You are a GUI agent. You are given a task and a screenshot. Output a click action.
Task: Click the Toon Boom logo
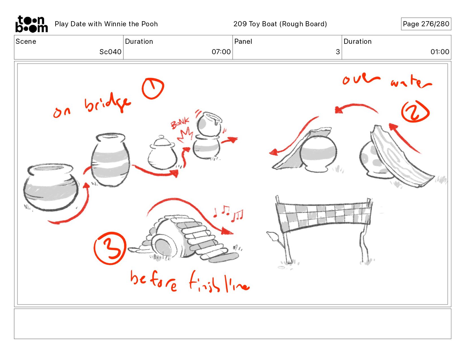click(x=32, y=24)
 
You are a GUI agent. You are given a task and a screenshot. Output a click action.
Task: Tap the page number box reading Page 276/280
click(x=426, y=24)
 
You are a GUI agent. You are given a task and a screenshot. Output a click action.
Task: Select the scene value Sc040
click(x=110, y=52)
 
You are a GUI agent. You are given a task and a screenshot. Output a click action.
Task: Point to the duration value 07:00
click(x=221, y=52)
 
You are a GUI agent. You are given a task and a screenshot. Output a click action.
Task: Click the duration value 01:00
click(x=440, y=52)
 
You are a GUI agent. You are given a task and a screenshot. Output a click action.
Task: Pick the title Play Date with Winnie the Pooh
click(x=106, y=24)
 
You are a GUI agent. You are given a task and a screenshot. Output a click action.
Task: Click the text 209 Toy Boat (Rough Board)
click(x=280, y=24)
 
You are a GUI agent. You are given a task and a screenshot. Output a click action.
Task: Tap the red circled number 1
click(x=153, y=88)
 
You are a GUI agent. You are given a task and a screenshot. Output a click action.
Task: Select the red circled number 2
click(x=415, y=112)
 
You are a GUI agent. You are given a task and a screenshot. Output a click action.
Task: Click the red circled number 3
click(x=110, y=248)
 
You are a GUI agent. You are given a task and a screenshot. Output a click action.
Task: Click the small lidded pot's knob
click(x=161, y=137)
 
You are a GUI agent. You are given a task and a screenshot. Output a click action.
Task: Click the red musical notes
click(x=228, y=213)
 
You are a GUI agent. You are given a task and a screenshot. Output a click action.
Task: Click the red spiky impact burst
click(x=184, y=135)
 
